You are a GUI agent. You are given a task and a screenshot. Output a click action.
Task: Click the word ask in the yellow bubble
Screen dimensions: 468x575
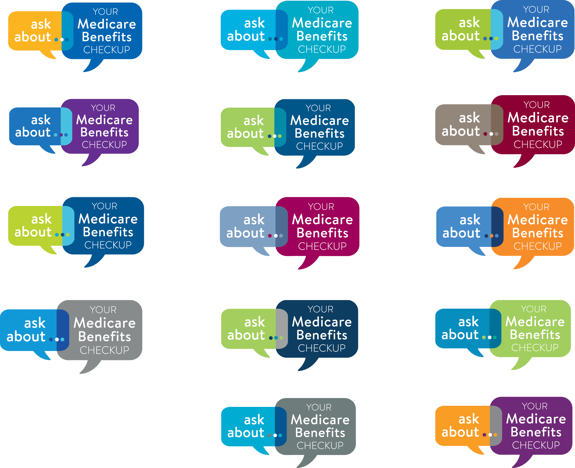41,24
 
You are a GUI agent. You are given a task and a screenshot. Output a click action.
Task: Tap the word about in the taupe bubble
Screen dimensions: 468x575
461,131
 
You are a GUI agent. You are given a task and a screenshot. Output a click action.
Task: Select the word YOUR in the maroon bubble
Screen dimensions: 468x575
536,105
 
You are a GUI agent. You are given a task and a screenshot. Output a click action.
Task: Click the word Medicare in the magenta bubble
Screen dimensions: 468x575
322,220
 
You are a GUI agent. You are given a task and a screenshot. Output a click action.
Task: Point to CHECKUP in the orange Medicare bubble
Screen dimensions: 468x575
538,246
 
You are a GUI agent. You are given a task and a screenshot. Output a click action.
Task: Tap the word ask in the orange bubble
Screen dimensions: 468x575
469,419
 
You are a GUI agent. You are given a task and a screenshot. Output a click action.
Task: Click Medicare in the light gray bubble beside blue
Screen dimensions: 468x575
105,323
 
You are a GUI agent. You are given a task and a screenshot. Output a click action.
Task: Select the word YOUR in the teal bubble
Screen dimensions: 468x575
321,10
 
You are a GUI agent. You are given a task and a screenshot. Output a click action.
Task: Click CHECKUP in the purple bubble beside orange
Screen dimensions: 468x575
536,445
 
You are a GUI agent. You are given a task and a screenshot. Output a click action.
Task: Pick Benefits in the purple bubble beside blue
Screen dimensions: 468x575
104,132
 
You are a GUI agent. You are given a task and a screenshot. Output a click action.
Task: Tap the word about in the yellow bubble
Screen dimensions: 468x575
33,37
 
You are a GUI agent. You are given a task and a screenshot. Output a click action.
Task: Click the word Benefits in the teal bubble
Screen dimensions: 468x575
322,36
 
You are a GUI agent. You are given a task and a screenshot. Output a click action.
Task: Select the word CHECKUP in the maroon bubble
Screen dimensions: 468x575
538,145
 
